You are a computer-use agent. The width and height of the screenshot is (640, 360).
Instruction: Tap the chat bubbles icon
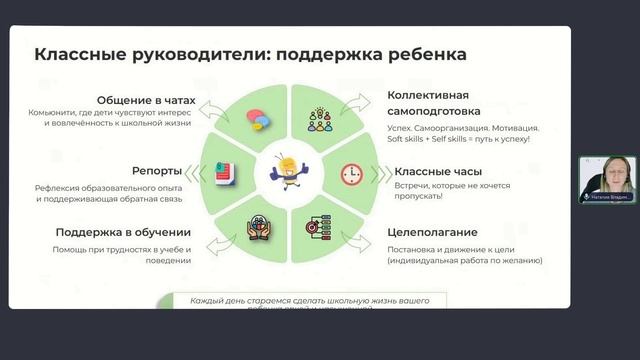point(259,118)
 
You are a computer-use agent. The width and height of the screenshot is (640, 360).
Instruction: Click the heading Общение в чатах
point(144,100)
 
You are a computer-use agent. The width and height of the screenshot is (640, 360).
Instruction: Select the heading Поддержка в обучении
point(125,232)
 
